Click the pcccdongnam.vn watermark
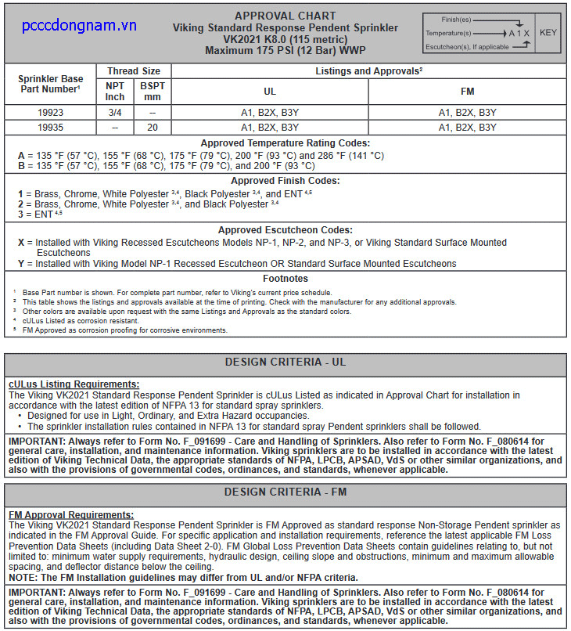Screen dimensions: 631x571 [79, 26]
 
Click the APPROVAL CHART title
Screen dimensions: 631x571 [285, 16]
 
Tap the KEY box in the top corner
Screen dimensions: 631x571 [548, 33]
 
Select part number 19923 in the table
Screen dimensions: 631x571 [50, 113]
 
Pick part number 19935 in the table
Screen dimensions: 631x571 [50, 127]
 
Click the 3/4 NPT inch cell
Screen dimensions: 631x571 [115, 113]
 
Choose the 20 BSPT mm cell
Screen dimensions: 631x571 [153, 127]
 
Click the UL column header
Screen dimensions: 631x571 [270, 92]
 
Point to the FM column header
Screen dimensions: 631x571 [467, 92]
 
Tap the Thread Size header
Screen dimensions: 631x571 [134, 71]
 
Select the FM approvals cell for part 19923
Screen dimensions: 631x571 [467, 113]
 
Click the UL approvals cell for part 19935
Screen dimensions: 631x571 [270, 127]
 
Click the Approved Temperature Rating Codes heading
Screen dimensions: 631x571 [285, 143]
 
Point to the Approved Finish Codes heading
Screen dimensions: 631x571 [285, 181]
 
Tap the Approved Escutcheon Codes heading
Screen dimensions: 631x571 [285, 230]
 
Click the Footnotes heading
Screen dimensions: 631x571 [285, 279]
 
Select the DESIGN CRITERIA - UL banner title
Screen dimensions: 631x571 [285, 362]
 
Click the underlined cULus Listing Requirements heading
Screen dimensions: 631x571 [74, 384]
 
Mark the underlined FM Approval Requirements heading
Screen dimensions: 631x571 [71, 514]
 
